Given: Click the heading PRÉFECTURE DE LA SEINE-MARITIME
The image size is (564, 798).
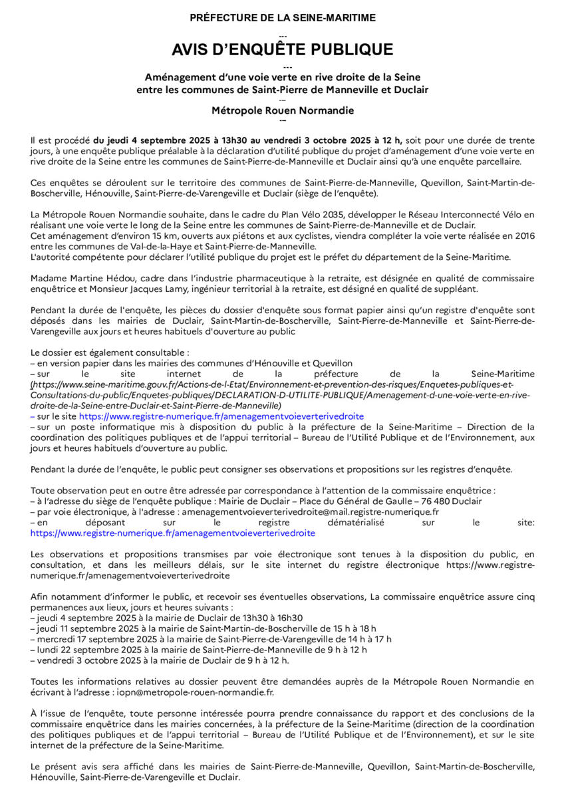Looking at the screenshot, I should coord(282,18).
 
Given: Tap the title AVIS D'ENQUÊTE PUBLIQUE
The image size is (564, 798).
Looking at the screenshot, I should coord(282,50).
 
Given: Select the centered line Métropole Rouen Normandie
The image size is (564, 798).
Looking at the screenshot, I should coord(282,110).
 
